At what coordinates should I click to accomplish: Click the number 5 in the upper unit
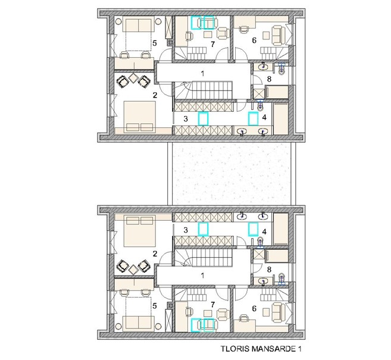pyautogui.click(x=155, y=43)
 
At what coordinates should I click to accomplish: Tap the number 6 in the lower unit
pyautogui.click(x=254, y=308)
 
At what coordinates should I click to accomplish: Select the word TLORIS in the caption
pyautogui.click(x=235, y=349)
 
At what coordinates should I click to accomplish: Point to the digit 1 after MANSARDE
pyautogui.click(x=299, y=349)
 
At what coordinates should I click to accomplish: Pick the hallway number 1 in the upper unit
pyautogui.click(x=203, y=74)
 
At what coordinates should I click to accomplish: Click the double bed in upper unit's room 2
pyautogui.click(x=140, y=116)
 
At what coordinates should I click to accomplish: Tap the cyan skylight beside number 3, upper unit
pyautogui.click(x=203, y=118)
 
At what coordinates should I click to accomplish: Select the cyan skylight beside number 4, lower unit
pyautogui.click(x=253, y=229)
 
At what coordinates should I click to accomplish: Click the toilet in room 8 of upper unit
pyautogui.click(x=281, y=68)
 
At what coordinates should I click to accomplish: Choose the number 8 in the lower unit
pyautogui.click(x=269, y=270)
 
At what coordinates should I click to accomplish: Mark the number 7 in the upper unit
pyautogui.click(x=212, y=45)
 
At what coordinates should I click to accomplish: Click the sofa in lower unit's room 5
pyautogui.click(x=138, y=323)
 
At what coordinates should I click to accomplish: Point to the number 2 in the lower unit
pyautogui.click(x=155, y=254)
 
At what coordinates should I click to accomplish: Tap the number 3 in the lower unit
pyautogui.click(x=186, y=230)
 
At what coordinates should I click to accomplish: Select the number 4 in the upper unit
pyautogui.click(x=264, y=117)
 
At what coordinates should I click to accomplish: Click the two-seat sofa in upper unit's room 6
pyautogui.click(x=279, y=36)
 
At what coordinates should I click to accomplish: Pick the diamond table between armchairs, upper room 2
pyautogui.click(x=134, y=78)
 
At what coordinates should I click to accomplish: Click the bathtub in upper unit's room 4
pyautogui.click(x=281, y=119)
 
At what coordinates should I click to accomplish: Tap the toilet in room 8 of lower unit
pyautogui.click(x=281, y=278)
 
